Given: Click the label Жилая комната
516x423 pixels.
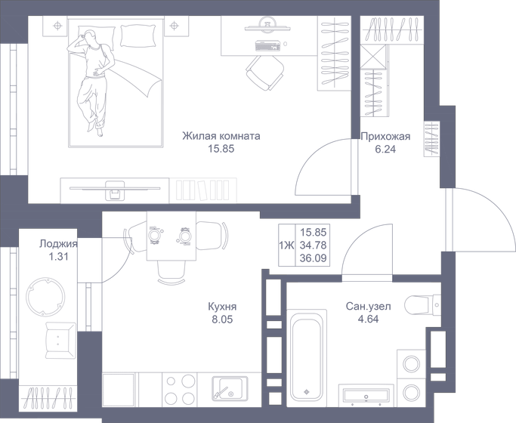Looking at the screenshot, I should [221, 137].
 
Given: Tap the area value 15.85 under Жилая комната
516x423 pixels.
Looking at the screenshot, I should [221, 150].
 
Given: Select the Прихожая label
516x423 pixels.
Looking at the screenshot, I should [385, 137].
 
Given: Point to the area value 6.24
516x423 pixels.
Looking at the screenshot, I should [385, 150].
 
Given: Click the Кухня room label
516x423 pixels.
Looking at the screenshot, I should [222, 307].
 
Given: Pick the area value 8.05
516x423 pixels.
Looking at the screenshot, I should [222, 320].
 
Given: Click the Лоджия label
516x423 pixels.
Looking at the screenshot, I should [59, 244].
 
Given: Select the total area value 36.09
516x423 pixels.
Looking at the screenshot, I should [313, 258].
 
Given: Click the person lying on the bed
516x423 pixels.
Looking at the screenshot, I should [94, 79].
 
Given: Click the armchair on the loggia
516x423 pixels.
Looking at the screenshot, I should [59, 339].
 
